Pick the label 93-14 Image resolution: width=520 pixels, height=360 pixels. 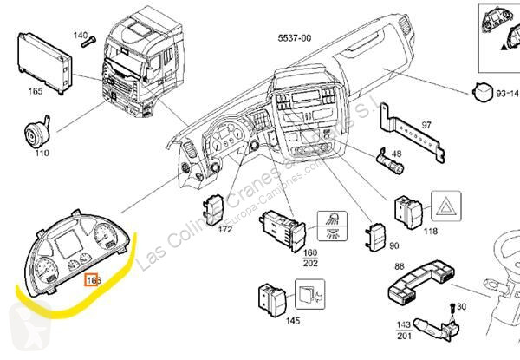coord(504,92)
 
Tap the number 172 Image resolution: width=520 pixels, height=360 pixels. coord(225,230)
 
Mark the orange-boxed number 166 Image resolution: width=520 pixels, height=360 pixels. coord(94,280)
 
